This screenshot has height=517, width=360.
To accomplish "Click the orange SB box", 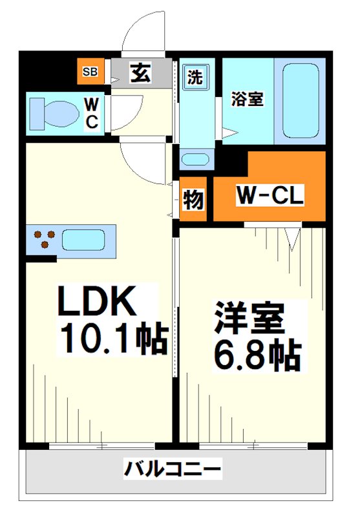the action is [90, 71].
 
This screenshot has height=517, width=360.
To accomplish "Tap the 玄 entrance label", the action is [141, 72].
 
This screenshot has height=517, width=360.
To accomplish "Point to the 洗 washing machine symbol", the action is [195, 77].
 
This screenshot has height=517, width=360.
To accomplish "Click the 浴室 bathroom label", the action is [248, 99].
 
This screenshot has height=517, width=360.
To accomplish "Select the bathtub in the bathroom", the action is [301, 101].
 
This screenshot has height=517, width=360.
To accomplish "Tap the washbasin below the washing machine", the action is [195, 160].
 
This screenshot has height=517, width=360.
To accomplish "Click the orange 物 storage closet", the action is [193, 199].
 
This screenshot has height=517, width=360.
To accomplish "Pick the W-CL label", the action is [270, 195].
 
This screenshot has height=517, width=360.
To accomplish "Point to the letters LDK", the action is [97, 301].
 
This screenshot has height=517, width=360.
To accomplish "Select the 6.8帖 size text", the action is [258, 355].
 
